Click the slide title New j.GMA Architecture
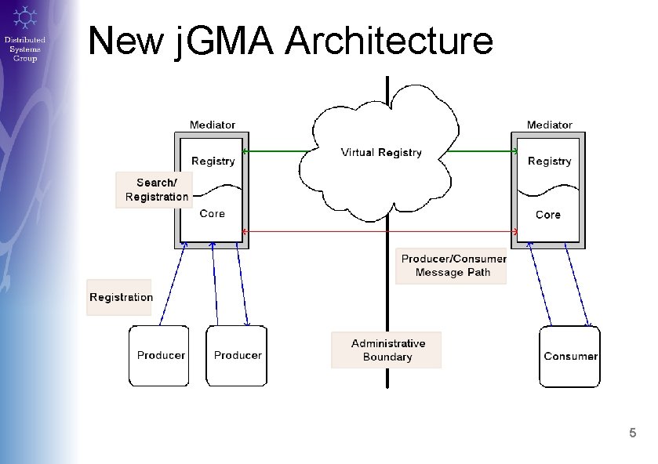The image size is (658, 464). click(290, 41)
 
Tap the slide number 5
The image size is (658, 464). click(633, 433)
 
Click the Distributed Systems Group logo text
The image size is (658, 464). click(25, 49)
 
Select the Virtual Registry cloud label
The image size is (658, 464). click(381, 153)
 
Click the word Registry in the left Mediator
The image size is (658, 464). click(213, 161)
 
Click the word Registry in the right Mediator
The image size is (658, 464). click(549, 161)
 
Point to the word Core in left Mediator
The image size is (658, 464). click(212, 213)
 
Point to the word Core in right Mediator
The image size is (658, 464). click(548, 214)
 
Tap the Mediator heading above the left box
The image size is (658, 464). click(212, 125)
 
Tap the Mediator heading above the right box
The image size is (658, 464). click(549, 125)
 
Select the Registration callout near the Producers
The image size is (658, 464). click(121, 297)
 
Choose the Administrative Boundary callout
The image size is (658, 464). click(387, 350)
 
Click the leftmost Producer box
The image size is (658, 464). click(161, 356)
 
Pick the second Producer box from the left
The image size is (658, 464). click(238, 356)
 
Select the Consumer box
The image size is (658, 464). click(570, 357)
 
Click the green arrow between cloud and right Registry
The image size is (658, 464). click(486, 150)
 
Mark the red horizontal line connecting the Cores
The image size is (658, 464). click(376, 231)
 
